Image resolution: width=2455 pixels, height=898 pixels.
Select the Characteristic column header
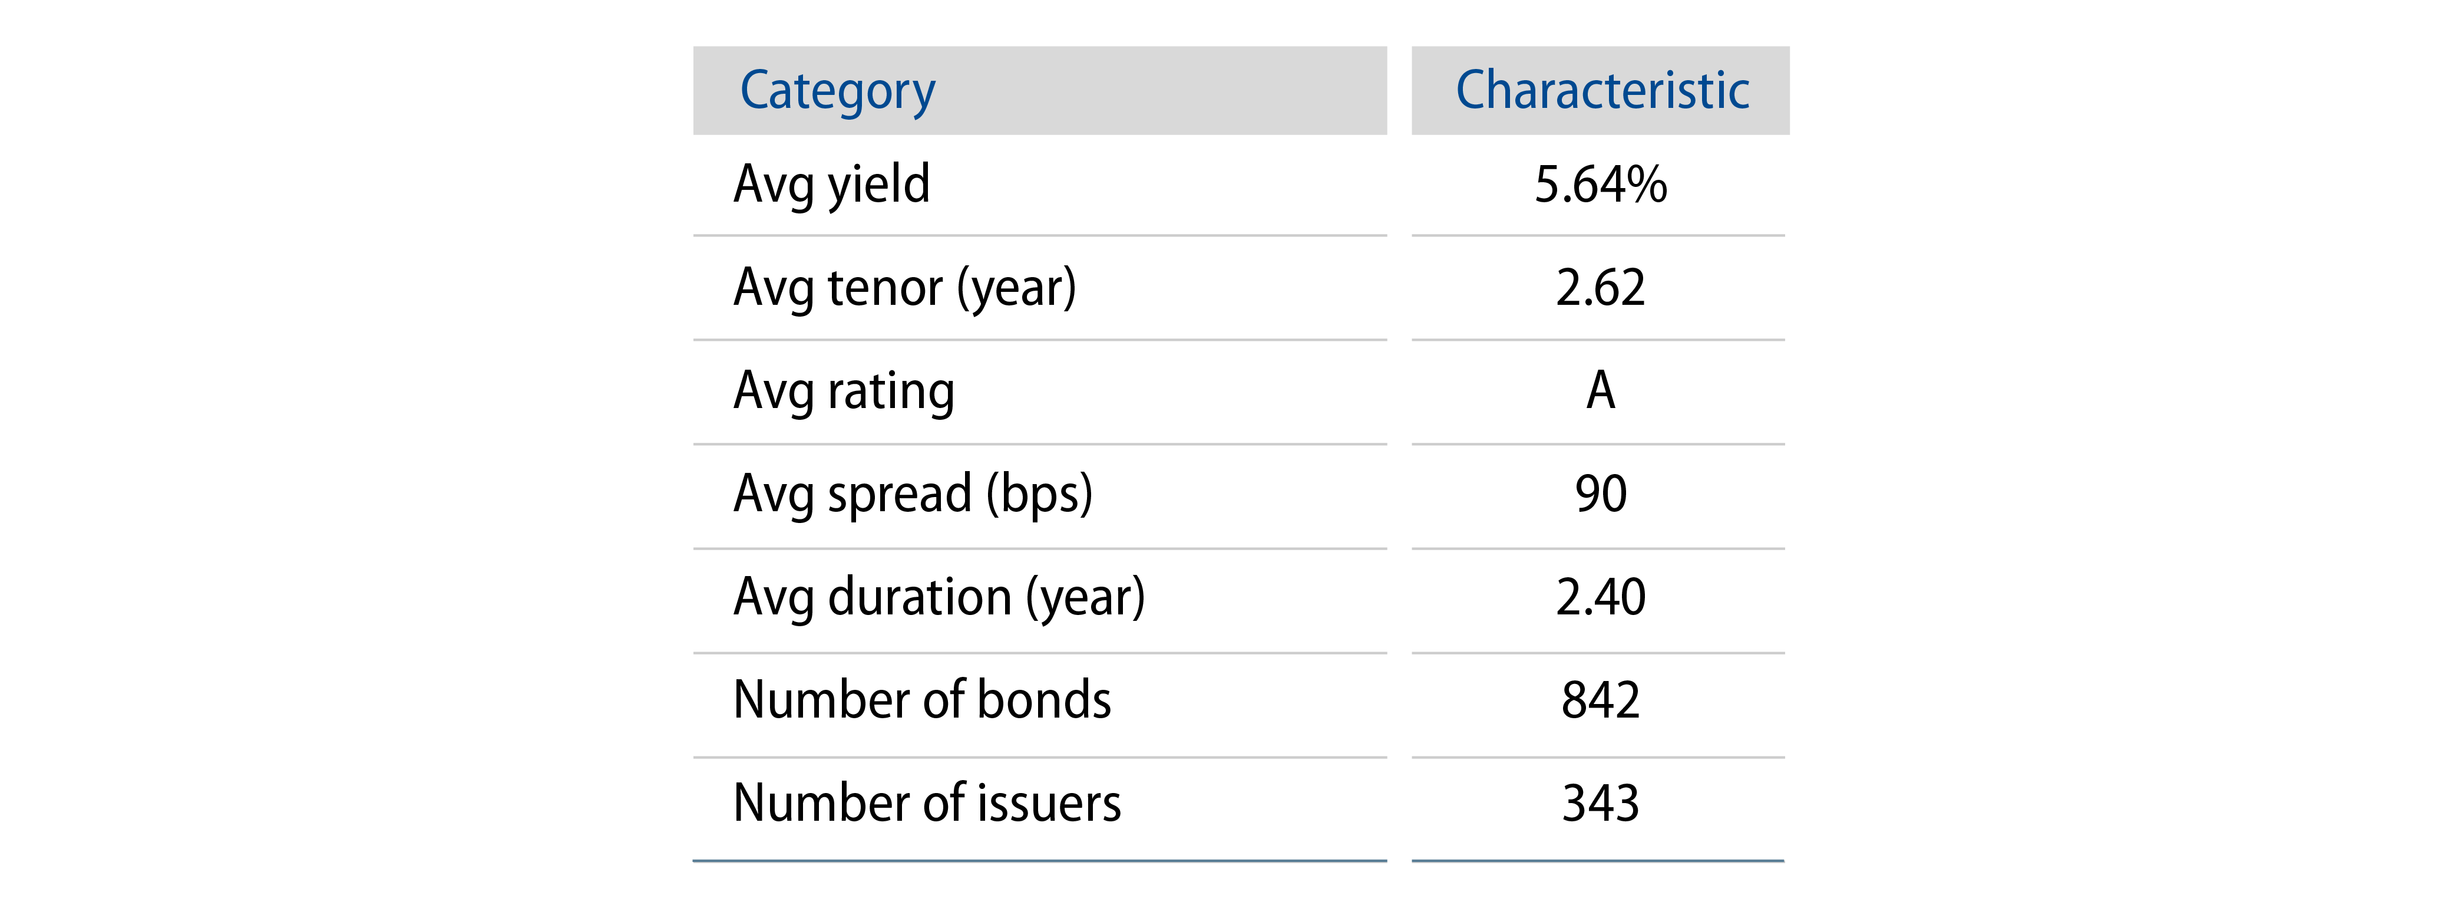[1601, 91]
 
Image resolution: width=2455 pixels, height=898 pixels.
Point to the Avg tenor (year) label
[904, 288]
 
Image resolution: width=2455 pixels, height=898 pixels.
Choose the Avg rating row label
[844, 392]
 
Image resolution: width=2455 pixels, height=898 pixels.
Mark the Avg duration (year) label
[939, 598]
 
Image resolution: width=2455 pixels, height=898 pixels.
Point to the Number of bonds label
[921, 700]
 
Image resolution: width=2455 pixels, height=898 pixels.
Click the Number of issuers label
[926, 804]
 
